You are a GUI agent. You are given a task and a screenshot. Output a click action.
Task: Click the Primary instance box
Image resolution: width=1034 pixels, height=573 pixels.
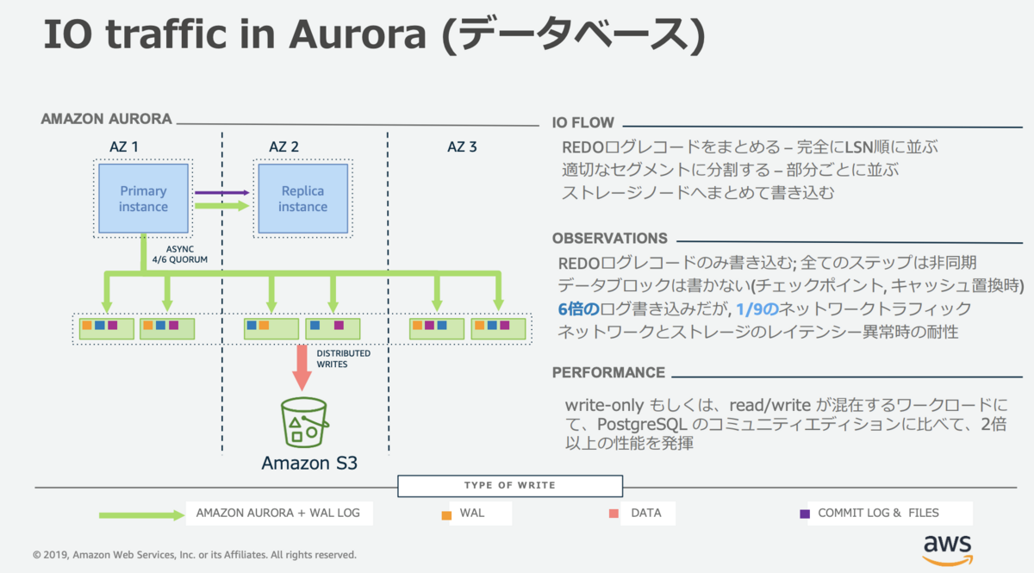143,198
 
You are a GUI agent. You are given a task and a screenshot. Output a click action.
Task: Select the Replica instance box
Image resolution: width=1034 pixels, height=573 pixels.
302,198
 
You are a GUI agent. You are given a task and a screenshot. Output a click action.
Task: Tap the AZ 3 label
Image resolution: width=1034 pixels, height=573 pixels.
462,146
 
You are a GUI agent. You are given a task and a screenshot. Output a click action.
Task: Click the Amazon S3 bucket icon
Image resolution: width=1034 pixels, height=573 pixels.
304,422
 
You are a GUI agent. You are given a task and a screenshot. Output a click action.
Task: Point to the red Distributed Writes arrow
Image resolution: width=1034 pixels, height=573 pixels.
302,368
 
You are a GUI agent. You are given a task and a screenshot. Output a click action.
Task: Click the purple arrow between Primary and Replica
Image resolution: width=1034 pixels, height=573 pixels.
222,192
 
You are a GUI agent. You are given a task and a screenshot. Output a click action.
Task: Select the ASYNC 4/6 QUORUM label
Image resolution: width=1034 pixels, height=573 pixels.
180,254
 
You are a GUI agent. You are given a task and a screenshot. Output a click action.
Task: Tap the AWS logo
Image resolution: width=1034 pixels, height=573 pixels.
948,551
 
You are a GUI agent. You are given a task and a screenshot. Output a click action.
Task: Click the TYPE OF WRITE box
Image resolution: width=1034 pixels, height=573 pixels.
510,486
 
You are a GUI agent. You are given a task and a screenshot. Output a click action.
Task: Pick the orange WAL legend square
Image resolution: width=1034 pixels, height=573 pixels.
446,515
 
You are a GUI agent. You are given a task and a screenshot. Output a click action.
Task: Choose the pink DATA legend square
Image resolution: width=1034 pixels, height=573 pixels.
614,514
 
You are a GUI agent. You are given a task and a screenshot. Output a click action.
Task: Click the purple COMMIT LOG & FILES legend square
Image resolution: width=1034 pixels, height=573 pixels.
805,514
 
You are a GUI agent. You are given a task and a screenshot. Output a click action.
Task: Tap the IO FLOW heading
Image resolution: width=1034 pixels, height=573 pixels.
583,123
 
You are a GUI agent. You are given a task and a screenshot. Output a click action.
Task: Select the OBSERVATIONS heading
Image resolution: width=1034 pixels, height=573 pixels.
610,239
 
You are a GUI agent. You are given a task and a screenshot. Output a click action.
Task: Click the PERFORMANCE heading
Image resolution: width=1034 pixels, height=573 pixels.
608,372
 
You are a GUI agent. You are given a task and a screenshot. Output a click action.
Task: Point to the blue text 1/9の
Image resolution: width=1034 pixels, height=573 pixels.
757,308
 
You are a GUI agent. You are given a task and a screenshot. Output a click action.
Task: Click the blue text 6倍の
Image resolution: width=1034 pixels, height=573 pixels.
579,308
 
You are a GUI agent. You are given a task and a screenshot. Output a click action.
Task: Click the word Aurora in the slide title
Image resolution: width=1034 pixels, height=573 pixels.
358,34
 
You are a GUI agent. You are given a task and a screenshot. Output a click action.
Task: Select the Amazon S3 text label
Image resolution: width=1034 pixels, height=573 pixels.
309,463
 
